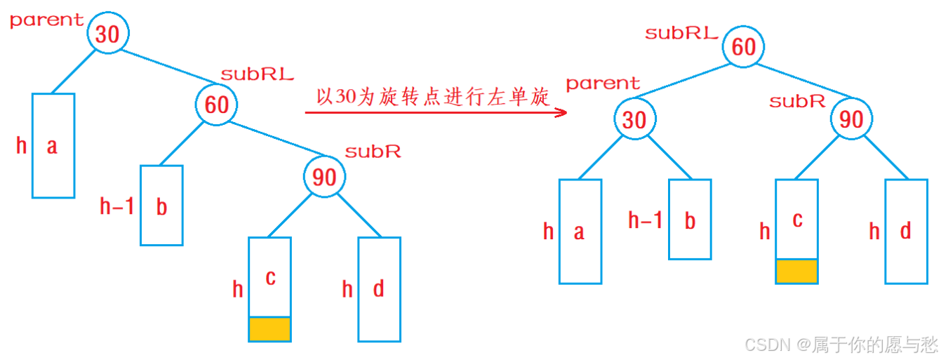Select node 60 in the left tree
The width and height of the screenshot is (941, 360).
point(217,105)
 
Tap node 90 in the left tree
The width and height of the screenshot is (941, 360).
point(325,176)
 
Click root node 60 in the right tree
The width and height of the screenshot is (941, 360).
point(744,46)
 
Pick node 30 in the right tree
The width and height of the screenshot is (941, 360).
point(634,119)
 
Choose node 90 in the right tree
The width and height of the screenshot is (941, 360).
point(852,119)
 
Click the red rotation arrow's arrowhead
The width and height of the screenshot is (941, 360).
point(561,112)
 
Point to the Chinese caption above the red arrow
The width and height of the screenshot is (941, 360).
point(432,97)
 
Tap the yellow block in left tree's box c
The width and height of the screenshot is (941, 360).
point(269,329)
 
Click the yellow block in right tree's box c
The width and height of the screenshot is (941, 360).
point(797,272)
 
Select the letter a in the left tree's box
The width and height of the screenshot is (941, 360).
point(52,146)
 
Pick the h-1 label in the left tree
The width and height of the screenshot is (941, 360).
point(116,206)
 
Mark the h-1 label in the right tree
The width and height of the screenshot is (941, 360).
point(646,221)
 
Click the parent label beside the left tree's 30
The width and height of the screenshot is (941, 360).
point(46,20)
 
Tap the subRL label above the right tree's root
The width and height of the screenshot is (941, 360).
point(681,32)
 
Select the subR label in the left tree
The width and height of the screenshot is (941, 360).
point(373,151)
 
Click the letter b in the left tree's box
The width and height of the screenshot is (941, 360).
point(161,207)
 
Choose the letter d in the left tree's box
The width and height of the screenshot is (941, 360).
point(379,288)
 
